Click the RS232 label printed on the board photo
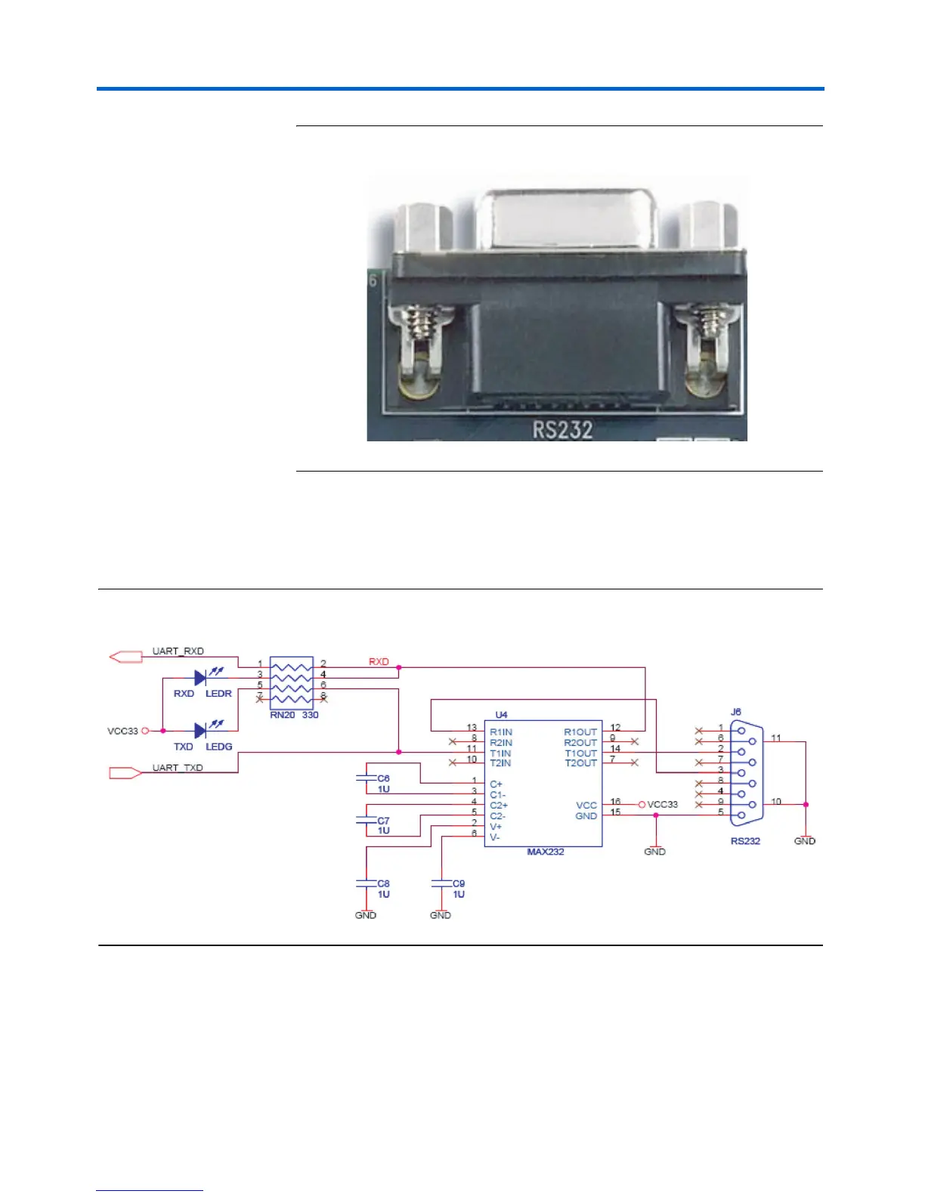pyautogui.click(x=562, y=429)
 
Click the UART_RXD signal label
pyautogui.click(x=178, y=651)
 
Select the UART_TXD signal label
pyautogui.click(x=178, y=768)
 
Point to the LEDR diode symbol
pyautogui.click(x=200, y=678)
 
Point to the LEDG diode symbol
pyautogui.click(x=200, y=731)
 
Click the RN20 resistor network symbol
pyautogui.click(x=292, y=680)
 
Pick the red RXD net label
pyautogui.click(x=379, y=662)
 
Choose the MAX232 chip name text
pyautogui.click(x=546, y=852)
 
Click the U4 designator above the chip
pyautogui.click(x=501, y=714)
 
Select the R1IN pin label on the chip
pyautogui.click(x=501, y=731)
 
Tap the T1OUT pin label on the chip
pyautogui.click(x=580, y=753)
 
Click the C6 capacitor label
pyautogui.click(x=383, y=778)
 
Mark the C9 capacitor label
pyautogui.click(x=459, y=883)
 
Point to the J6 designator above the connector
pyautogui.click(x=736, y=712)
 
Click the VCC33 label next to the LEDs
pyautogui.click(x=123, y=731)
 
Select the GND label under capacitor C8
pyautogui.click(x=366, y=915)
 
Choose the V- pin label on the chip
pyautogui.click(x=495, y=837)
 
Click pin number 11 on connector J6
pyautogui.click(x=776, y=738)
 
